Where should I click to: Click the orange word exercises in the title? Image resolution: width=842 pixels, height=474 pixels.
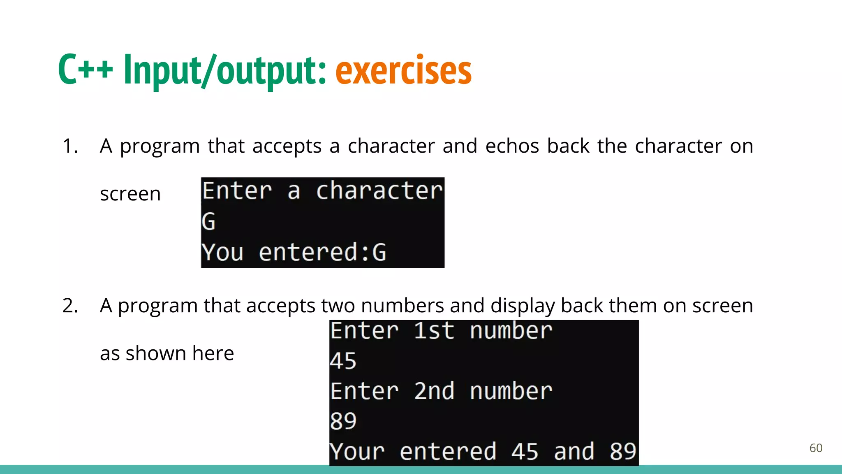pyautogui.click(x=403, y=71)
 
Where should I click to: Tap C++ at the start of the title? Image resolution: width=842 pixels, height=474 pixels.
pyautogui.click(x=86, y=70)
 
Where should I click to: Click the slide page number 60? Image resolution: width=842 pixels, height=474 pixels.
pyautogui.click(x=816, y=448)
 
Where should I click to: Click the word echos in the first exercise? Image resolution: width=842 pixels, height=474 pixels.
pyautogui.click(x=512, y=146)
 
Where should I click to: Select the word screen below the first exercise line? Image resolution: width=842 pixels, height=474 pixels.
pyautogui.click(x=130, y=194)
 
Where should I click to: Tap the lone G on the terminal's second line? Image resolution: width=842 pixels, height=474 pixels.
pyautogui.click(x=208, y=221)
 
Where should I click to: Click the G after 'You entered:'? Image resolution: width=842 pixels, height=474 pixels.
pyautogui.click(x=379, y=252)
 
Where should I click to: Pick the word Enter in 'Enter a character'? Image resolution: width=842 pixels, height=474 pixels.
pyautogui.click(x=237, y=191)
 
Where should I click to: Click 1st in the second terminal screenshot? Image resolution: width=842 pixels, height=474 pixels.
pyautogui.click(x=434, y=331)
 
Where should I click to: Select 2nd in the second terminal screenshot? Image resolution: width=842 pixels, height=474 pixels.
pyautogui.click(x=434, y=391)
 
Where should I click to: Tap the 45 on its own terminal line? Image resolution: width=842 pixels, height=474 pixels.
pyautogui.click(x=343, y=361)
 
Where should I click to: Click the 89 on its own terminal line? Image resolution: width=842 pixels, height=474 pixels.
pyautogui.click(x=343, y=421)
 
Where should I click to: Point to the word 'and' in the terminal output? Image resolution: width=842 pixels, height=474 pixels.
pyautogui.click(x=574, y=451)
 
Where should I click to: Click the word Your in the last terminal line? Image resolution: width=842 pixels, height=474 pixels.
pyautogui.click(x=357, y=451)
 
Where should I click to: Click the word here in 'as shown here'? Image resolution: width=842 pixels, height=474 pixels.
pyautogui.click(x=213, y=353)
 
